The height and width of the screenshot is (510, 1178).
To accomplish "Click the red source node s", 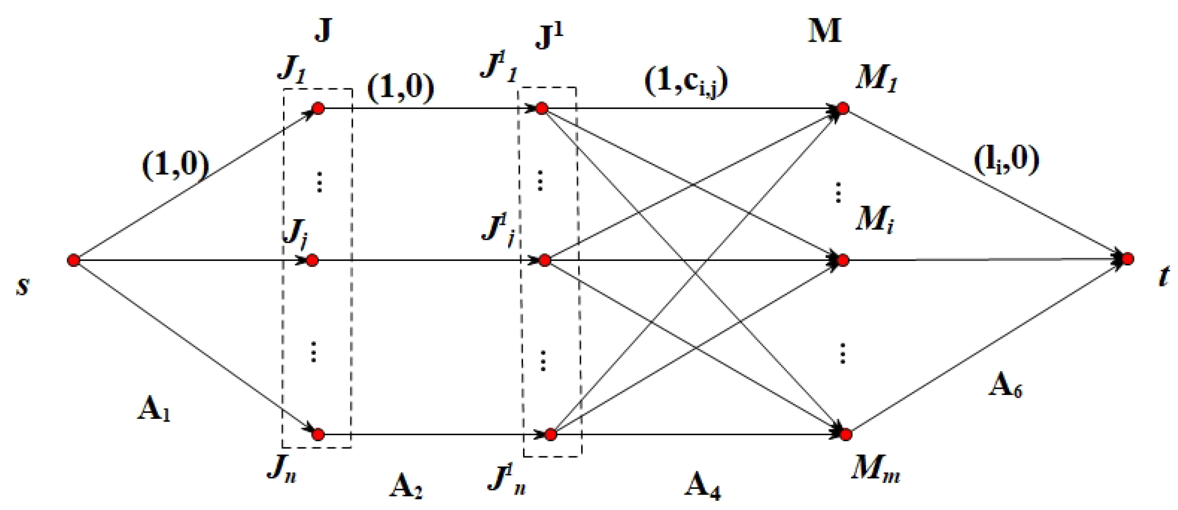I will pos(73,260).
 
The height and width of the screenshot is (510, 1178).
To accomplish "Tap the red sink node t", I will pos(1127,259).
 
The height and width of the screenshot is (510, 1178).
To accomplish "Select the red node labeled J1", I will pos(319,108).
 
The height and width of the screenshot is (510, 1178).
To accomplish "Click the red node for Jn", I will pos(318,435).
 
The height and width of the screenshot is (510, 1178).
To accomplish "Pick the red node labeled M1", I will pos(843,108).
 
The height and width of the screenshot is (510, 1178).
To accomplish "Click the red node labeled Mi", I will pos(843,260).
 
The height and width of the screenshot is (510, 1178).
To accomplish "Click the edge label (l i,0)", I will pos(1006,160).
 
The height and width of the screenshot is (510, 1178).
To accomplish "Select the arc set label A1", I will pos(153,410).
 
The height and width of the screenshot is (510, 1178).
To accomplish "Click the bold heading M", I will pos(825,31).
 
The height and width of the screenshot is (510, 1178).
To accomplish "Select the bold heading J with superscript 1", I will pos(549,36).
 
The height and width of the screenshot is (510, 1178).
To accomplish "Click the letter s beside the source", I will pos(22,286).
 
